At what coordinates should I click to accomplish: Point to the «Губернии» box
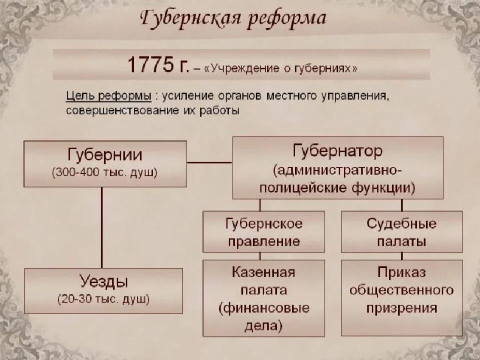click(x=105, y=163)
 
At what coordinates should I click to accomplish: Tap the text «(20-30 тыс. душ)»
click(x=103, y=300)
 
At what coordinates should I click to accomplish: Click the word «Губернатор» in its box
click(x=337, y=150)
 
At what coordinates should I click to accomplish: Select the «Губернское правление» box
click(x=263, y=232)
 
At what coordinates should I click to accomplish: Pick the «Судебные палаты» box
click(x=401, y=232)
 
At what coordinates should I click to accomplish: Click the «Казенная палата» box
click(x=263, y=280)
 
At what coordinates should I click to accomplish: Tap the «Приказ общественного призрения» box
click(x=401, y=290)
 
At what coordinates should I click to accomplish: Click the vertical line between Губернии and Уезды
click(x=102, y=227)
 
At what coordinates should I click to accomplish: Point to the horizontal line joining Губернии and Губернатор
click(x=209, y=162)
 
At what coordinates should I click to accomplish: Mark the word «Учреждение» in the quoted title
click(x=235, y=68)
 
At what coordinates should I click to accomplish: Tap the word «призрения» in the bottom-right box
click(x=401, y=308)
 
